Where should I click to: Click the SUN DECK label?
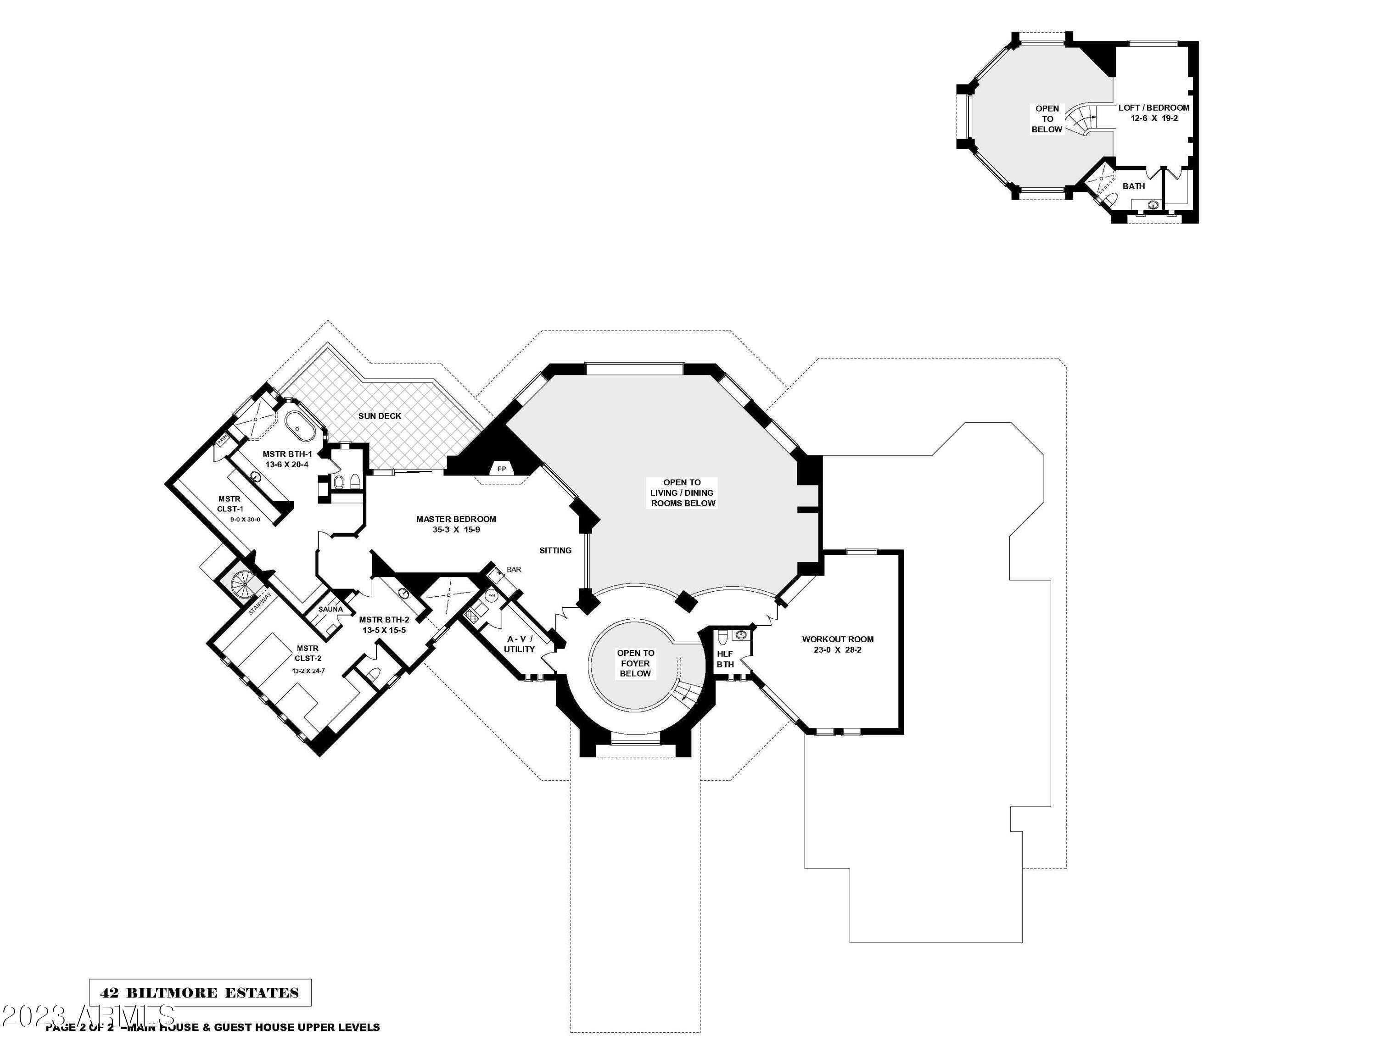coord(380,416)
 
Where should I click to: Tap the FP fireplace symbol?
coord(502,469)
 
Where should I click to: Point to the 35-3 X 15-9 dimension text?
coord(456,530)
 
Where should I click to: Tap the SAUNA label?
coord(330,610)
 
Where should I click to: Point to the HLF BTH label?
coord(725,659)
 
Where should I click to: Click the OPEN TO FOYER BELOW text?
coord(636,663)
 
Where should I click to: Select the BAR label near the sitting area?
coord(514,570)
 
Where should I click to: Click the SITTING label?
coord(555,550)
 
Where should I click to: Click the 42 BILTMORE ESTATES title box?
coord(200,993)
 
